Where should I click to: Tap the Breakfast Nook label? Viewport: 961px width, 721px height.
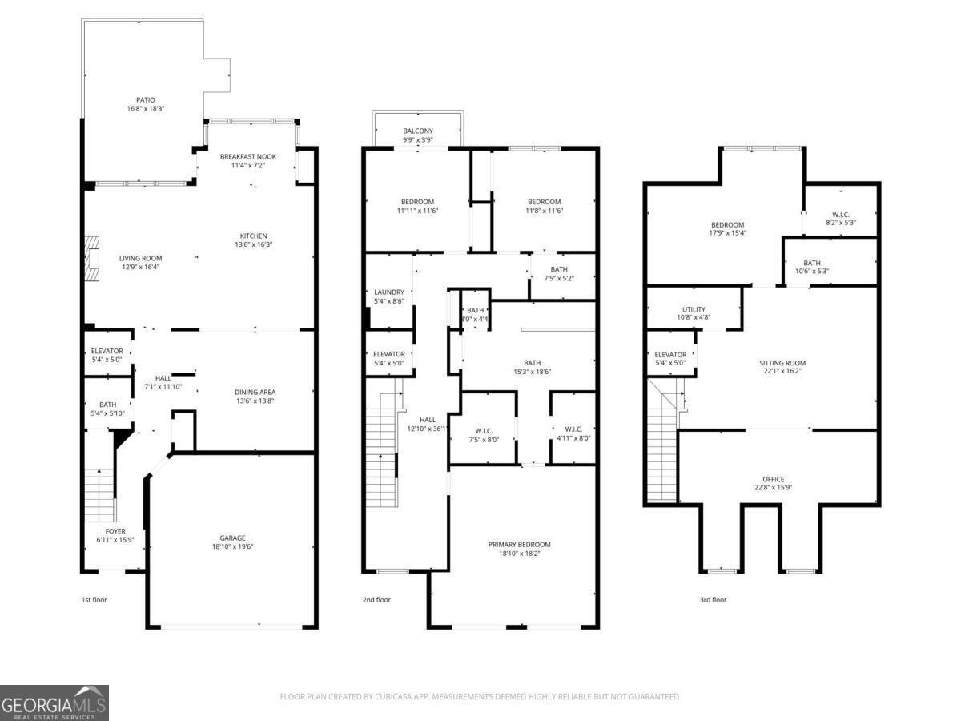248,157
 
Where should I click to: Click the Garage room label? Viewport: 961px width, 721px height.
233,538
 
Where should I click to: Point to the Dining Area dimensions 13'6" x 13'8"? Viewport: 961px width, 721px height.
255,401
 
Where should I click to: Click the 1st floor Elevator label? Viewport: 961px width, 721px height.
107,351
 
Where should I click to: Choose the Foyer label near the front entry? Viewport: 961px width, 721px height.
115,531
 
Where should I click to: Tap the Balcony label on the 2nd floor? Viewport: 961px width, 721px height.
417,131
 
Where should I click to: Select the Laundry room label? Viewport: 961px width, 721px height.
388,292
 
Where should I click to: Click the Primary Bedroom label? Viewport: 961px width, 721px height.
520,545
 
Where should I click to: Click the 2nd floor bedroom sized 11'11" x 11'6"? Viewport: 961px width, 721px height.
417,202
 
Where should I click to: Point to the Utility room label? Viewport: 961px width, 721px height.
694,309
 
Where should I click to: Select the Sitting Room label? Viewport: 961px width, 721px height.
782,363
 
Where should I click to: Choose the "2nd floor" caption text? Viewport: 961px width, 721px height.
377,599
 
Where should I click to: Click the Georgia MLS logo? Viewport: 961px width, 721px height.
54,703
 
